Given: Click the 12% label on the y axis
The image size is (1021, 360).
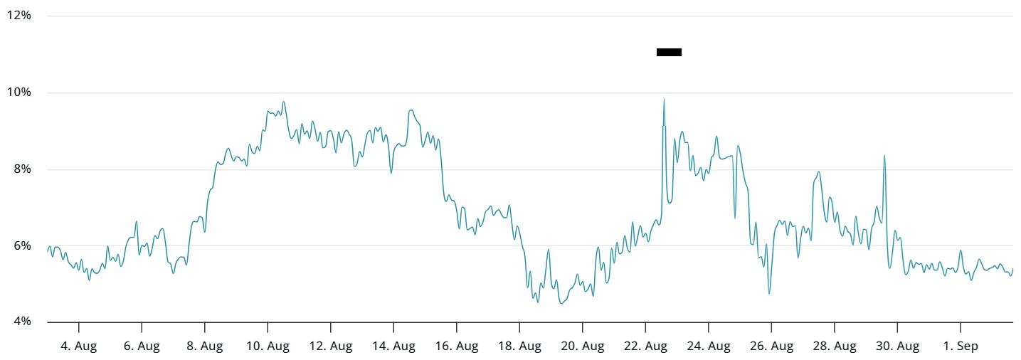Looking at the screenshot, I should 19,16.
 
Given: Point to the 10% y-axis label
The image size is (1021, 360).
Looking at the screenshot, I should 19,92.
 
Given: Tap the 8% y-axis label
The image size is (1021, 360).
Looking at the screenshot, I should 21,169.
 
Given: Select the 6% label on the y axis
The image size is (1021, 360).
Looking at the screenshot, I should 21,245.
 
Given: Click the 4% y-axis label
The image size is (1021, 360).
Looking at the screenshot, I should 21,322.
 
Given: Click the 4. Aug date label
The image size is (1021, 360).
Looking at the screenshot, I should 78,346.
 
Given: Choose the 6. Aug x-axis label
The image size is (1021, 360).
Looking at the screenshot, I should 142,346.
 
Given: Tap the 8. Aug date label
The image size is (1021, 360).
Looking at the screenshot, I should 204,346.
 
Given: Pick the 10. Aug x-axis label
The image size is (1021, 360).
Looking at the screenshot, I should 268,346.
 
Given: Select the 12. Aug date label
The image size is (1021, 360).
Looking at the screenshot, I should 330,346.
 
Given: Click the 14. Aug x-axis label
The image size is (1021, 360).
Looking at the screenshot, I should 393,346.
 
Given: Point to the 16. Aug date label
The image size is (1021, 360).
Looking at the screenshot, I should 456,346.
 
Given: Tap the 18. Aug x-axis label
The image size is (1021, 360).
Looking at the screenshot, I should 519,346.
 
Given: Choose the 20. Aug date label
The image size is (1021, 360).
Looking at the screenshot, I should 582,346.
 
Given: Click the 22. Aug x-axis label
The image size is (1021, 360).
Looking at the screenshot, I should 645,346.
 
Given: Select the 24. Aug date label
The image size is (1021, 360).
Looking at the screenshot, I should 708,346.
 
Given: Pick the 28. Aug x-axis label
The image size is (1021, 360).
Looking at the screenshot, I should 834,346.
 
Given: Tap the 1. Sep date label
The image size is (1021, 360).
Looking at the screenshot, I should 960,346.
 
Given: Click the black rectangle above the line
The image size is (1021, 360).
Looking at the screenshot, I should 669,52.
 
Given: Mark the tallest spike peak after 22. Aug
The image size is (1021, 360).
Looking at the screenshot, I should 664,100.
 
